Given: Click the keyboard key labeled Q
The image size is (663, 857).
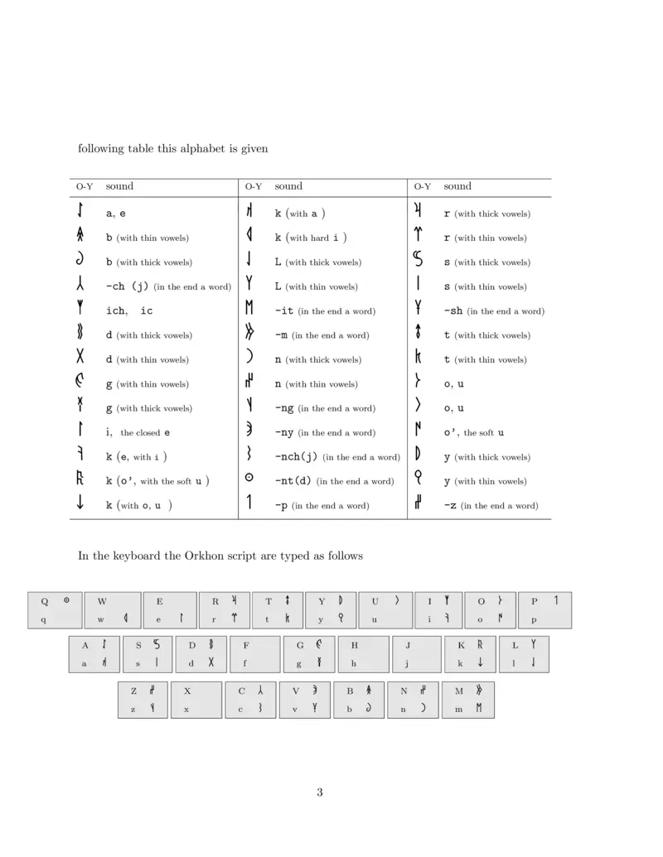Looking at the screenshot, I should (55, 610).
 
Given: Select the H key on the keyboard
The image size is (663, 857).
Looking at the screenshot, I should (362, 654).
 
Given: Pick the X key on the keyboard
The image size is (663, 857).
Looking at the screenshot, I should (196, 700).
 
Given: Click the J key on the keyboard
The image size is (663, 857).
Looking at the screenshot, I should (415, 654).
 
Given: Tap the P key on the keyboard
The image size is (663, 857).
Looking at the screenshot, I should (544, 610).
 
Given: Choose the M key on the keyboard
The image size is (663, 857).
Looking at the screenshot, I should (468, 700).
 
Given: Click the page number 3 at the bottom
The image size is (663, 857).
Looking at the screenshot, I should (319, 792).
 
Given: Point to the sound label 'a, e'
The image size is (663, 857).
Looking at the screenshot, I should (116, 214).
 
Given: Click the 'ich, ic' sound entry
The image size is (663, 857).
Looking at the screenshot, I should (129, 311).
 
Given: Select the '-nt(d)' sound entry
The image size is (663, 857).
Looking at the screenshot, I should (293, 481).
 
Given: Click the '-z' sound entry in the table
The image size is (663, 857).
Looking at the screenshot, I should (449, 505).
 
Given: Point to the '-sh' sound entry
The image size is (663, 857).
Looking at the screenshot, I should (453, 311).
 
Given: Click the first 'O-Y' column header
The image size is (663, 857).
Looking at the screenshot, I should (85, 187).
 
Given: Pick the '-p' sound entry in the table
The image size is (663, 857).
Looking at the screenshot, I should (282, 505).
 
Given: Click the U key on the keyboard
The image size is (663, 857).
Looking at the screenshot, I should (385, 610).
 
